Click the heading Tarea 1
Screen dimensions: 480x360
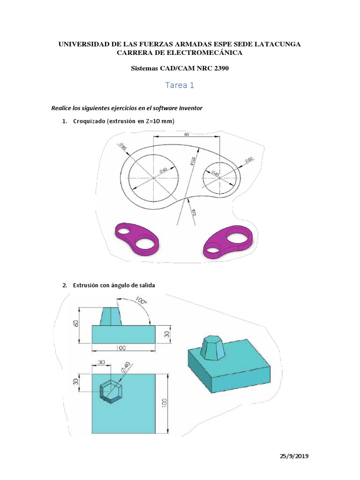(180, 85)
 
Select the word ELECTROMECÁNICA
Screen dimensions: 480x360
(206, 52)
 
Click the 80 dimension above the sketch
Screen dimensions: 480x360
(187, 134)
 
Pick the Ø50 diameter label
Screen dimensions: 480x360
(248, 161)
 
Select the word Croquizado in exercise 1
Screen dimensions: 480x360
(89, 121)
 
